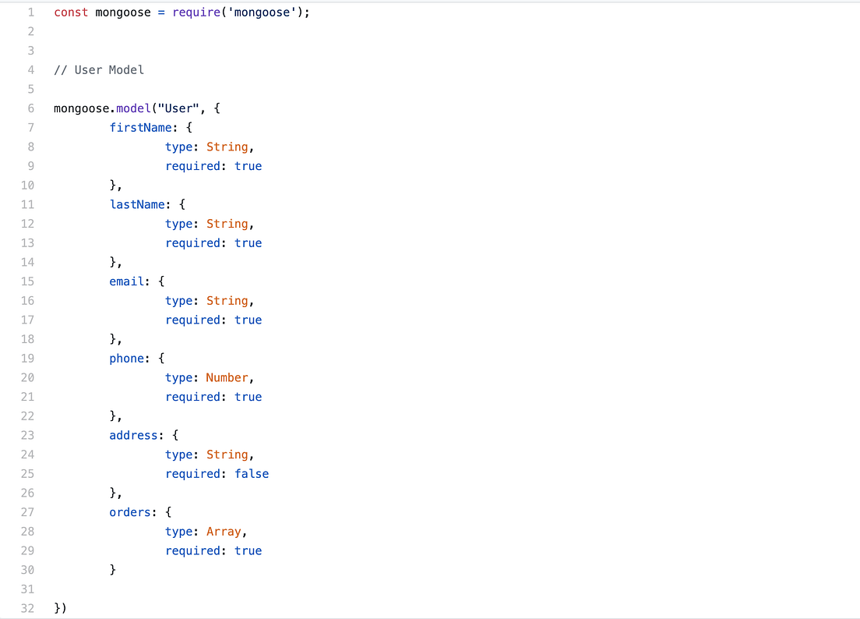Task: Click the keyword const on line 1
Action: [71, 12]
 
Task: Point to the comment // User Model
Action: [99, 70]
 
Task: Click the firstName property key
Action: [136, 128]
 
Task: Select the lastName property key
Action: [137, 204]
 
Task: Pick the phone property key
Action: [126, 359]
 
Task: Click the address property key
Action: [133, 435]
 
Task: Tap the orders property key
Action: [129, 512]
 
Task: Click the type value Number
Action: [227, 377]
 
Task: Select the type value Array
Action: [224, 532]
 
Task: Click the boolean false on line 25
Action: [252, 474]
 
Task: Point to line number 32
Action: [27, 608]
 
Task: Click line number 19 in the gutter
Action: [27, 359]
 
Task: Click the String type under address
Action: [227, 455]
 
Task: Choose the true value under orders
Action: [248, 550]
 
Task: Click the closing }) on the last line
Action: [60, 608]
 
